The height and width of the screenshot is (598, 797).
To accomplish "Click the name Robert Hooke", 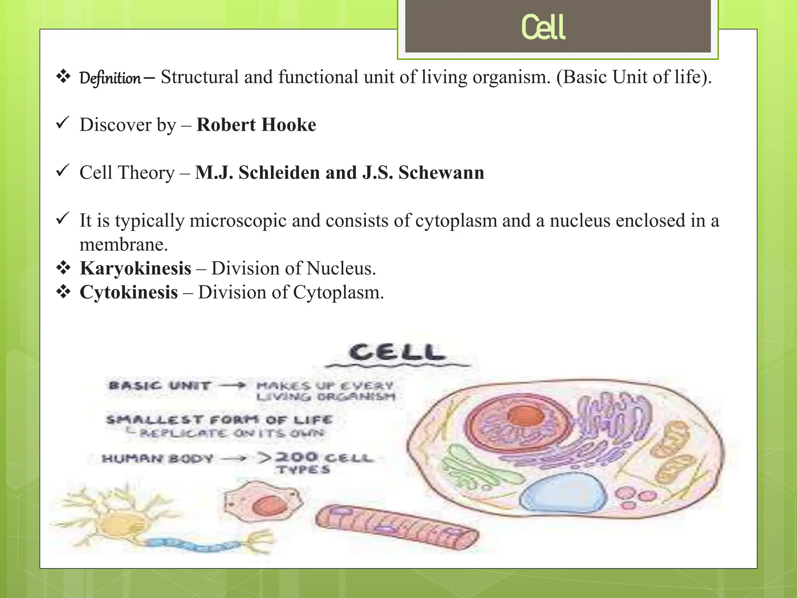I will (x=256, y=125).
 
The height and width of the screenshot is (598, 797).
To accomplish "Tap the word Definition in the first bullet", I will (x=110, y=78).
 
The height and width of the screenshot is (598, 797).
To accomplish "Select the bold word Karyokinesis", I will (x=135, y=269).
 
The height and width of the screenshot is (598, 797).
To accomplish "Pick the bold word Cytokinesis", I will (x=129, y=292).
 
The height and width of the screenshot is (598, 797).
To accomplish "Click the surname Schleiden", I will (x=279, y=172).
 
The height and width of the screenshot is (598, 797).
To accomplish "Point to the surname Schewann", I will (x=441, y=172).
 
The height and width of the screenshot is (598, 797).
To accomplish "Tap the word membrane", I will (x=123, y=245).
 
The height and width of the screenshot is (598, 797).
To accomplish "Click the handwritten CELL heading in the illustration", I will (x=397, y=352).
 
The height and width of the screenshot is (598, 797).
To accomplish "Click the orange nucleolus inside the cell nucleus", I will (x=525, y=415).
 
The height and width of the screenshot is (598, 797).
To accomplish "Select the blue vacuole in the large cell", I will (x=563, y=493).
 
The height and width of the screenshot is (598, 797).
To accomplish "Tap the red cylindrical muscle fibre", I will (x=397, y=528).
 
